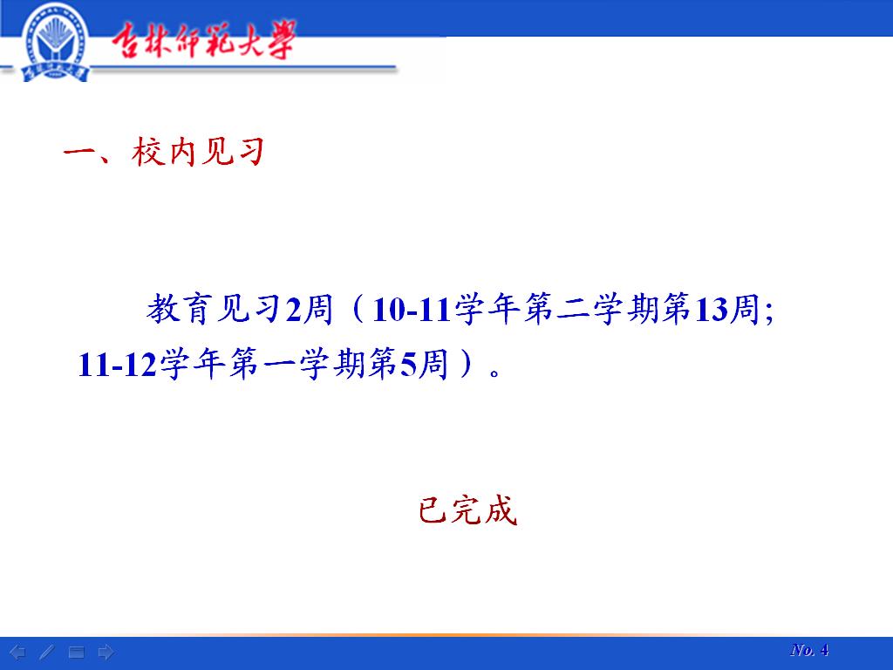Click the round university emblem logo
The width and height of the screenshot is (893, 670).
point(56,43)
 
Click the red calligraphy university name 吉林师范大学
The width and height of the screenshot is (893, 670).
point(204,40)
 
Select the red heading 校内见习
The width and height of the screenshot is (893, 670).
point(198,152)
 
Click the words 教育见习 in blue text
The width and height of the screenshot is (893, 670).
point(214,310)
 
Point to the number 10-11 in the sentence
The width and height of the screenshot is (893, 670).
point(412,310)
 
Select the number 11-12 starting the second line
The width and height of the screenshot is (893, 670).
point(118,365)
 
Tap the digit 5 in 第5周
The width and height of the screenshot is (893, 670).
point(408,366)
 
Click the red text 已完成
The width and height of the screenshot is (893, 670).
point(467,509)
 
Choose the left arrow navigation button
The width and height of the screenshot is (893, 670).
point(17,652)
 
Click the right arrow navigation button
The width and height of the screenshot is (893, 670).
point(106,652)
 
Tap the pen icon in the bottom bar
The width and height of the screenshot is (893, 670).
point(47,652)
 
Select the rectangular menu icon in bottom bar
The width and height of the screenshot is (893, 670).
point(77,653)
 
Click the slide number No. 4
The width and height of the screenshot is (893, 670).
point(809,649)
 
